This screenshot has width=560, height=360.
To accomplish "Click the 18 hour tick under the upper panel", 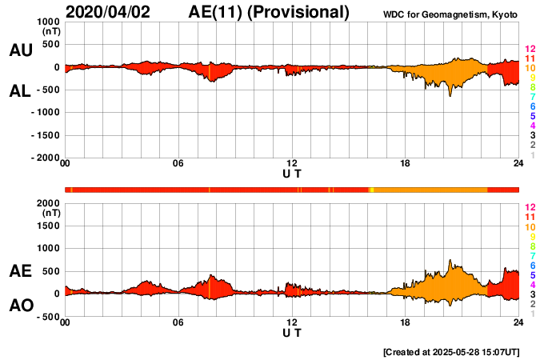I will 405,164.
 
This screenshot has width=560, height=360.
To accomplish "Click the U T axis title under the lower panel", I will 292,332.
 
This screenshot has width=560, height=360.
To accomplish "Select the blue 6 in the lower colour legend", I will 532,265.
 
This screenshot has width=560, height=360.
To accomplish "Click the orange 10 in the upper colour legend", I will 529,69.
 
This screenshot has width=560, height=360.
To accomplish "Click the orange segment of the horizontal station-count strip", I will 432,189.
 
